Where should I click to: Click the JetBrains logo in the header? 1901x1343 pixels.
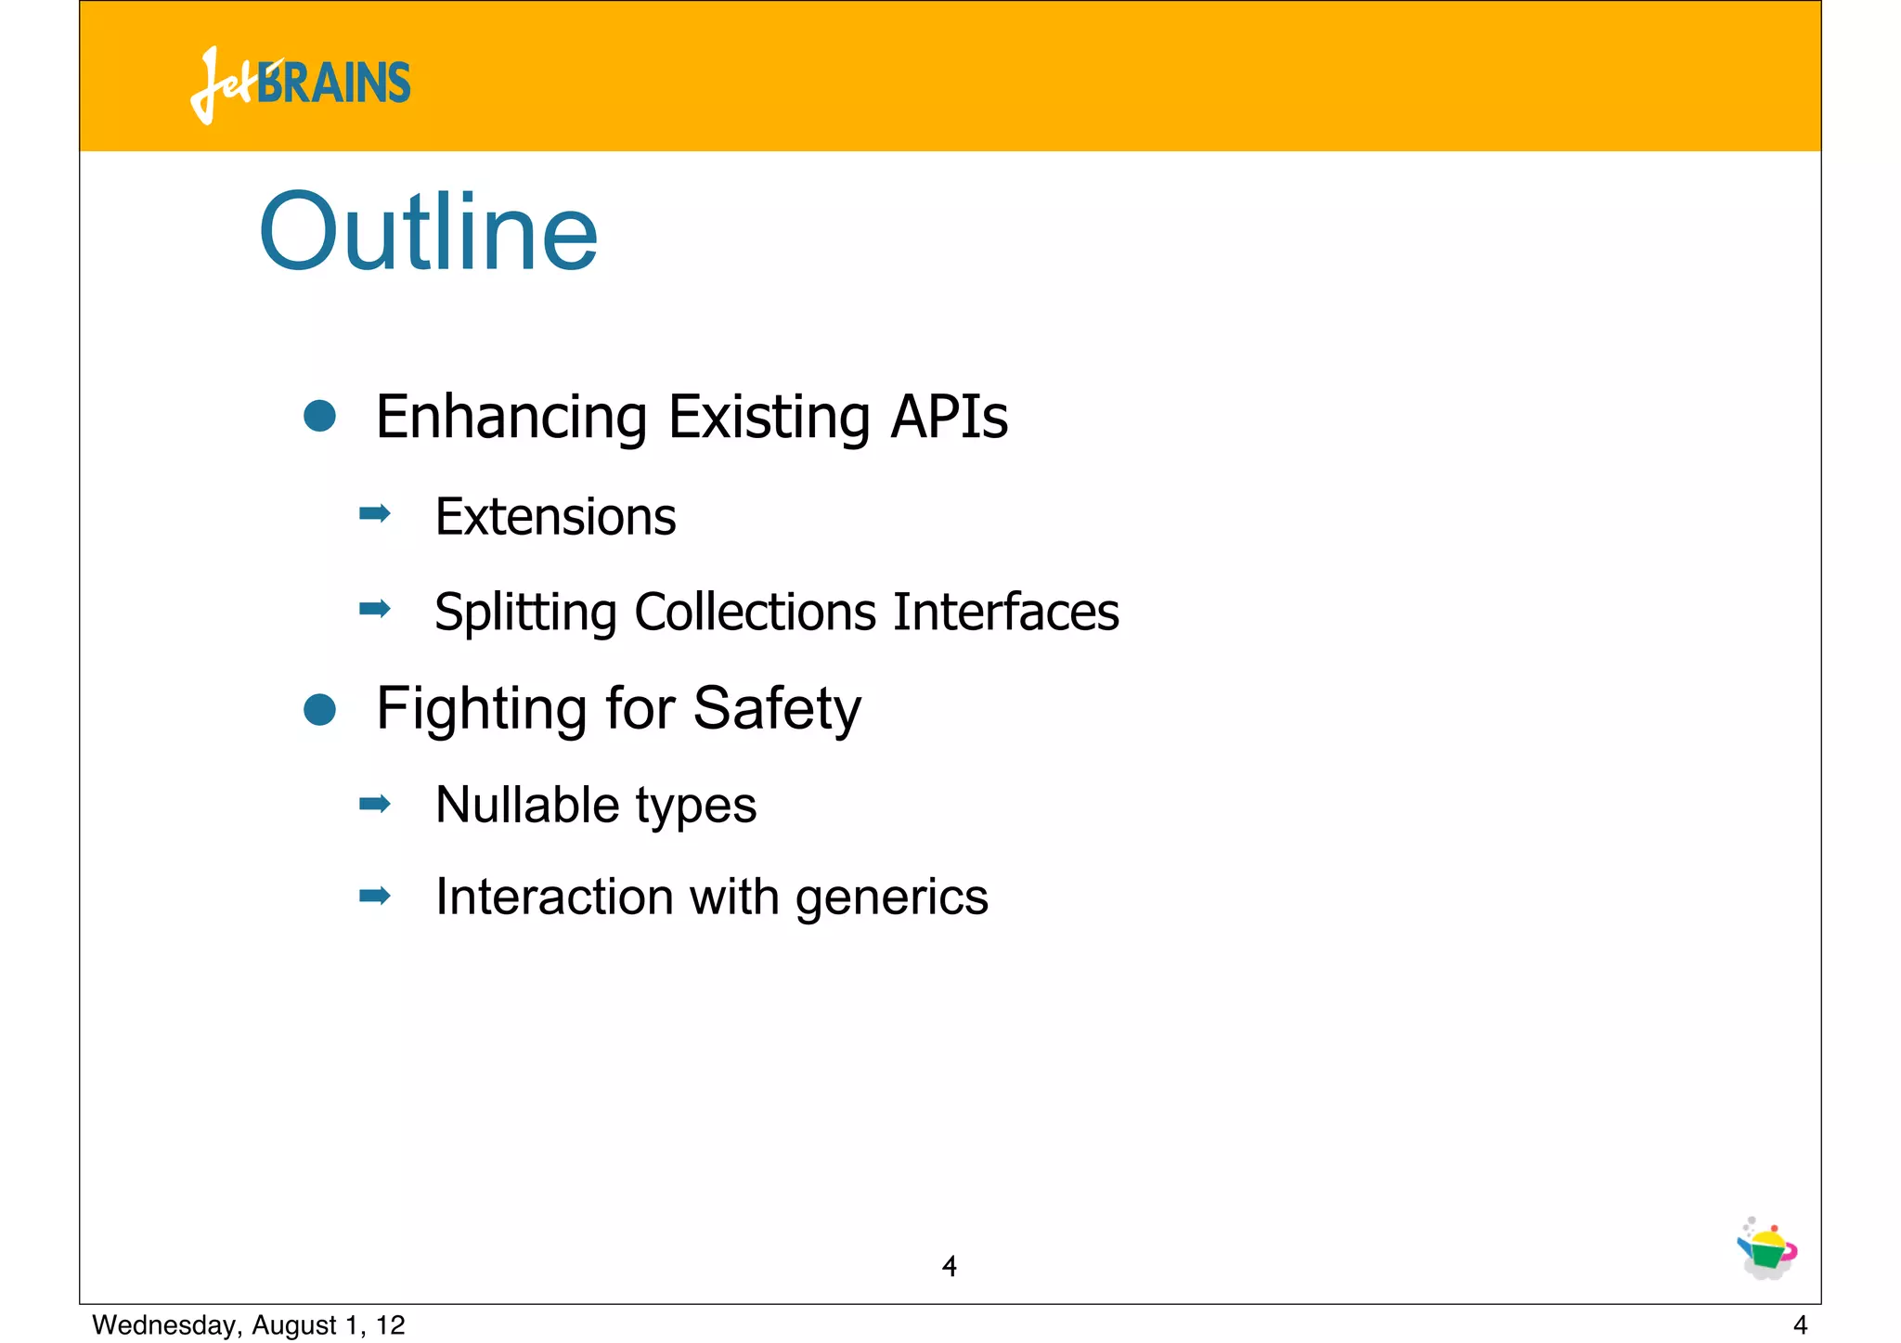[x=301, y=84]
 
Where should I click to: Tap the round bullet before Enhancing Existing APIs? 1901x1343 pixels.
[x=319, y=416]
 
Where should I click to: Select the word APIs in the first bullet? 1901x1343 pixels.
[x=948, y=417]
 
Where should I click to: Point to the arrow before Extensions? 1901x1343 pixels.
[x=375, y=513]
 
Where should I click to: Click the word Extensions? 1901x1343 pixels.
[x=555, y=517]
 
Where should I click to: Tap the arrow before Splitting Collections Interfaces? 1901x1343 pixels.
[x=375, y=609]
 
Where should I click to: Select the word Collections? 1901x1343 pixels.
[x=755, y=613]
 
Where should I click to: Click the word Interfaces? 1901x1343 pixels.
[x=1005, y=613]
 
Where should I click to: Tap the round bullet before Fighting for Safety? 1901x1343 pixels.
[x=319, y=710]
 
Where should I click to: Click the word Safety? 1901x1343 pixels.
[x=777, y=709]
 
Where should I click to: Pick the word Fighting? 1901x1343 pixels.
[x=481, y=709]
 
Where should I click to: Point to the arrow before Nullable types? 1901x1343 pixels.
[x=375, y=804]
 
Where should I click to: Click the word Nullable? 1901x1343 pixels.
[x=527, y=805]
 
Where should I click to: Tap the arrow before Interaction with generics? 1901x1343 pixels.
[x=375, y=896]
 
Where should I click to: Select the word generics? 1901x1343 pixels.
[x=891, y=898]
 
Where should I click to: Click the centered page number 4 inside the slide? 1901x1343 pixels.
[x=949, y=1266]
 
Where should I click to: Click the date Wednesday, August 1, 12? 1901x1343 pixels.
[x=249, y=1325]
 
